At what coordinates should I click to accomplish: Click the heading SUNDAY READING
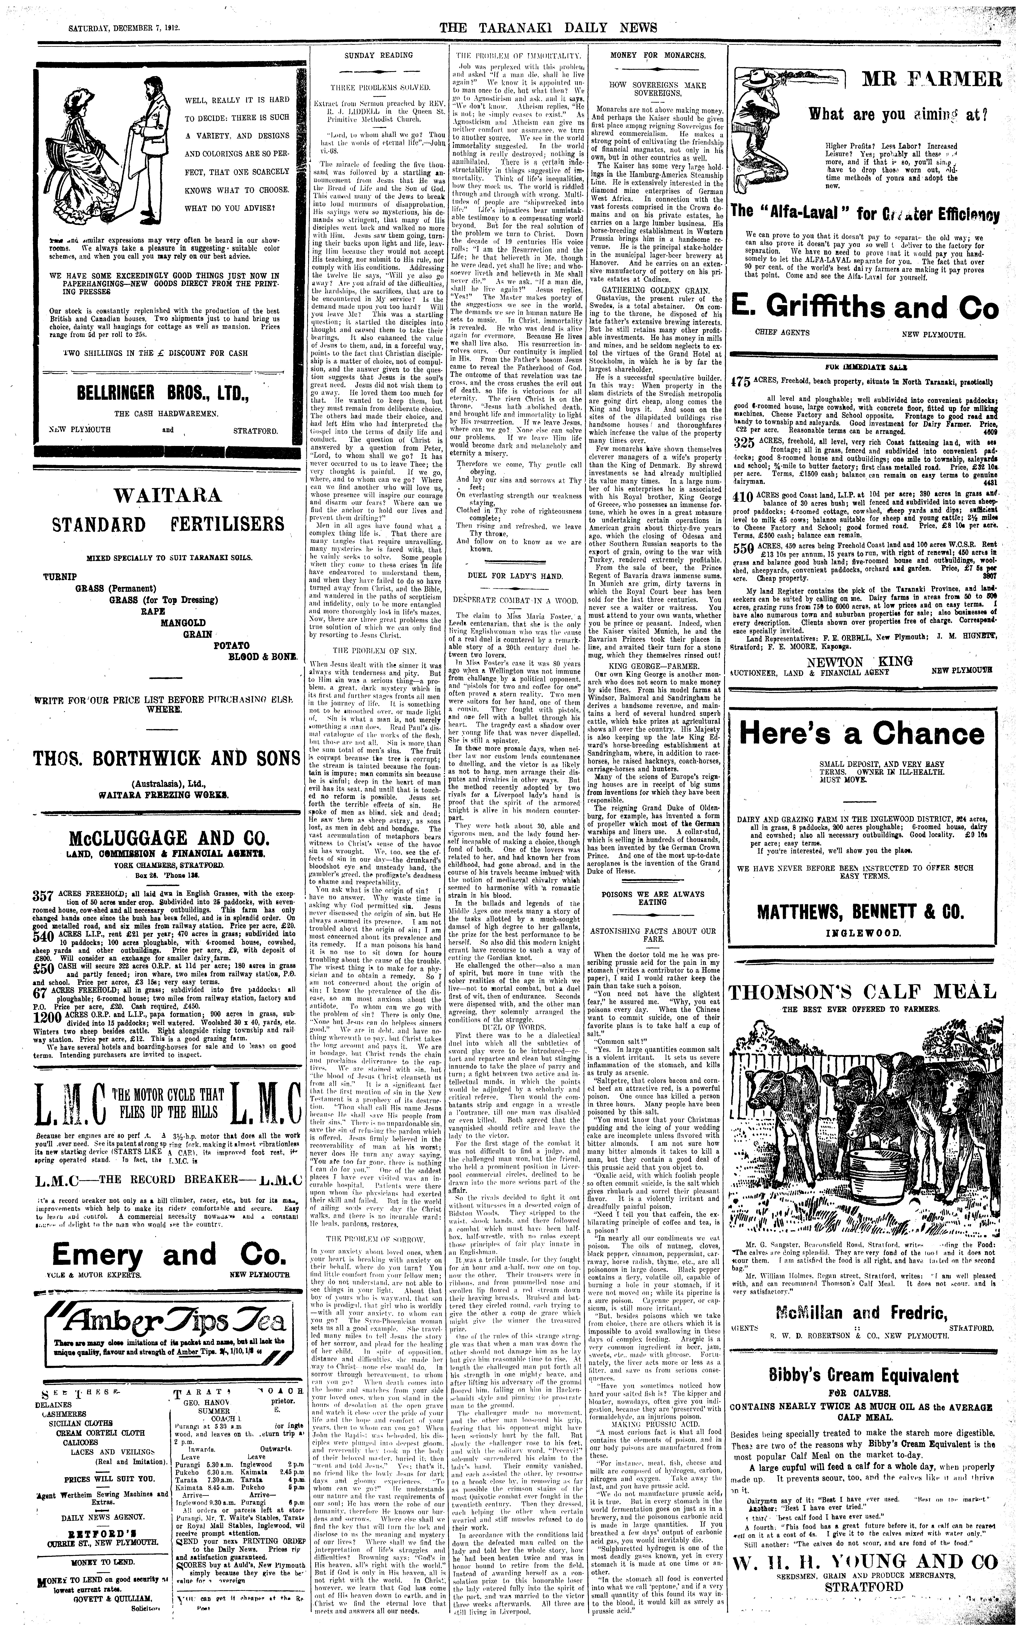(x=378, y=55)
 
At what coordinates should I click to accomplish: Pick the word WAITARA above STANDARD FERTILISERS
(x=168, y=495)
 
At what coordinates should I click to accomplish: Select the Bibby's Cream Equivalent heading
(x=863, y=1356)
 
